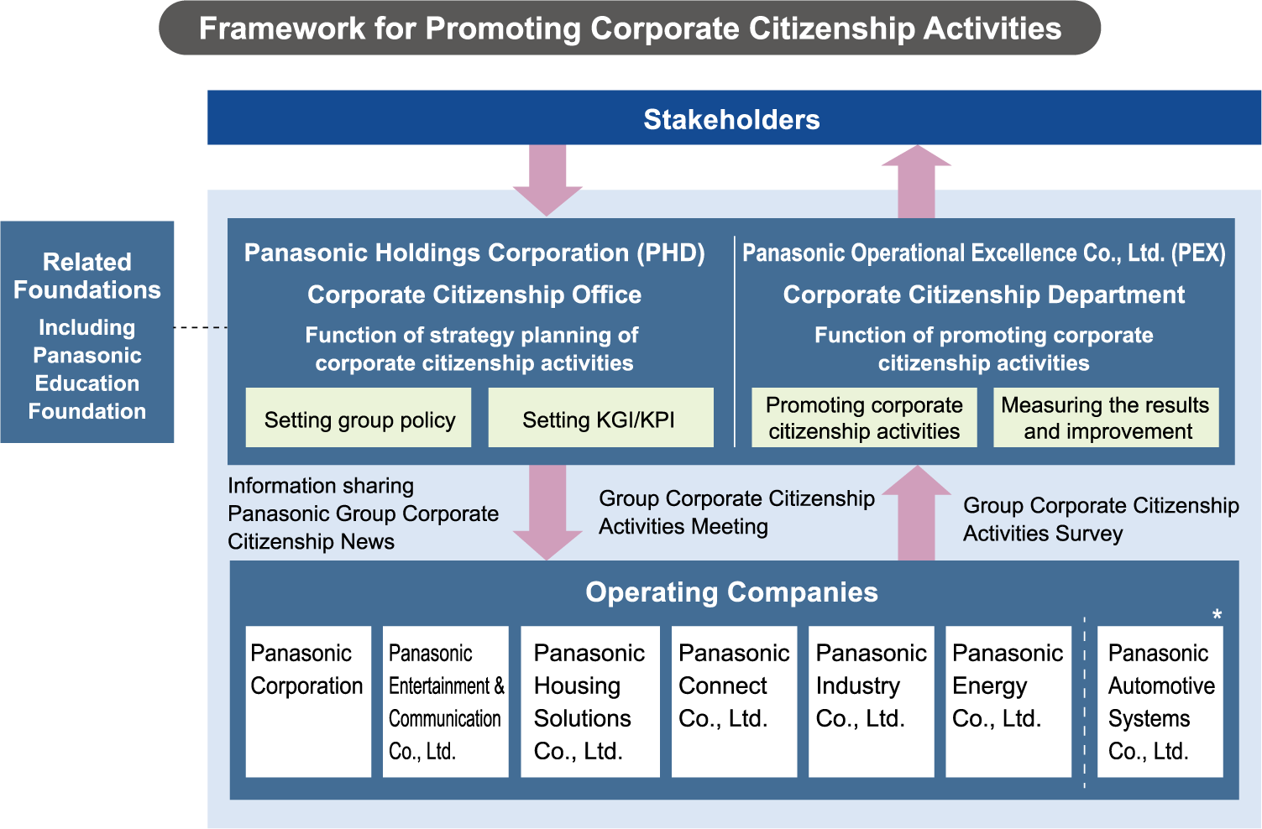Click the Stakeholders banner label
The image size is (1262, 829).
click(x=731, y=119)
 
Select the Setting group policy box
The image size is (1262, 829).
click(x=359, y=418)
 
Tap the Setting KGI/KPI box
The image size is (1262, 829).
click(x=600, y=418)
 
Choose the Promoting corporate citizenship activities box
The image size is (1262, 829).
click(x=864, y=418)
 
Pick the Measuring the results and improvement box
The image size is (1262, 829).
click(x=1106, y=418)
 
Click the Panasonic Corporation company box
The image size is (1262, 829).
click(x=308, y=701)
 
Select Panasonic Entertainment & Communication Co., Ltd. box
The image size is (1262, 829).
click(x=446, y=701)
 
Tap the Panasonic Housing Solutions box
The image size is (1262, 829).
click(x=590, y=701)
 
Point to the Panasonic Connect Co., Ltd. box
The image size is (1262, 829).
click(x=734, y=701)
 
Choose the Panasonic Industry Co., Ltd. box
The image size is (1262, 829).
click(x=872, y=701)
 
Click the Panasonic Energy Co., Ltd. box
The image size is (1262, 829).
click(x=1008, y=701)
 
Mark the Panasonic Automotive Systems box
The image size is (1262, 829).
click(x=1160, y=701)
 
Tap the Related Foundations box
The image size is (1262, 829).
click(x=87, y=332)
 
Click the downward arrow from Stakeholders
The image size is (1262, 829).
click(x=547, y=179)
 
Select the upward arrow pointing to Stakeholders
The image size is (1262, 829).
click(x=917, y=181)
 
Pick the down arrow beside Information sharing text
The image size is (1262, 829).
click(x=547, y=511)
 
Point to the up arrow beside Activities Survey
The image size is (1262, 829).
click(x=917, y=513)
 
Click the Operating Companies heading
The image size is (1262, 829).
click(x=731, y=592)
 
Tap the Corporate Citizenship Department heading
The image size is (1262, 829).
click(x=983, y=295)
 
